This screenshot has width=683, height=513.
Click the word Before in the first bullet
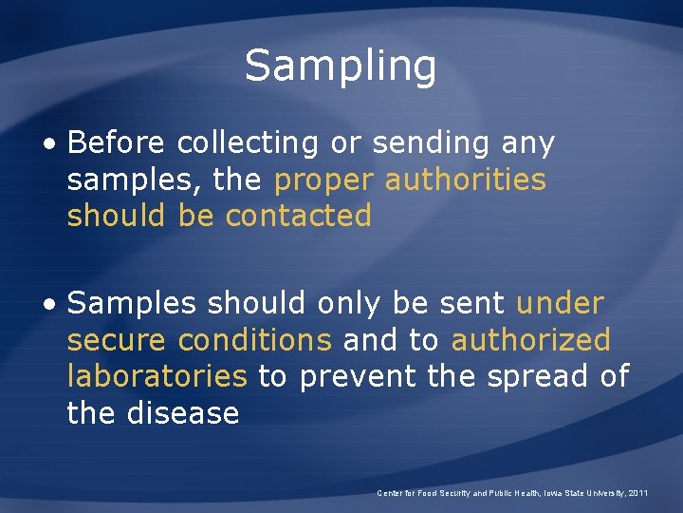tap(116, 143)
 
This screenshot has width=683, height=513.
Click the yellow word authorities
tap(465, 180)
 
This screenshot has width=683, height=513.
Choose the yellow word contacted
tap(298, 216)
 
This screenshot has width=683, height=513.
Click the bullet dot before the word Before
tap(49, 145)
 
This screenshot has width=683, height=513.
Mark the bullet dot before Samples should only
tap(49, 305)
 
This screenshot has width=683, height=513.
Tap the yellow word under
tap(560, 303)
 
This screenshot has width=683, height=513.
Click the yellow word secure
tap(117, 339)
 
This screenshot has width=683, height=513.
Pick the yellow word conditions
tap(254, 339)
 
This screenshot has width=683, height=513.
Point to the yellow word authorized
tap(530, 339)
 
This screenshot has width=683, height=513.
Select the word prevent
tap(356, 377)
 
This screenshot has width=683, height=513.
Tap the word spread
tap(526, 377)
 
